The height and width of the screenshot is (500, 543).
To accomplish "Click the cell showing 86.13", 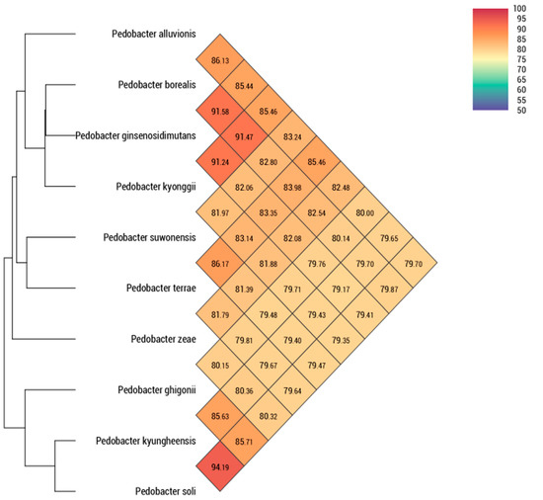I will [x=220, y=61].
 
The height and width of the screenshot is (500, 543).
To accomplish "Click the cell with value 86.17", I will [x=220, y=264].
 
